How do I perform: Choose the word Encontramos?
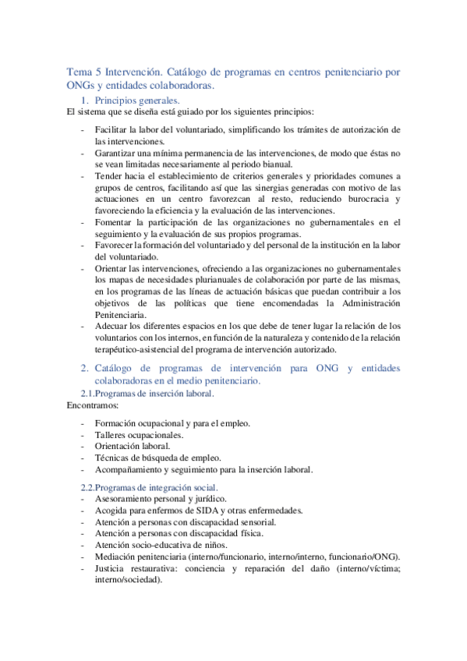click(93, 406)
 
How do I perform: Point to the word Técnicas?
click(112, 458)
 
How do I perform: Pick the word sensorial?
click(253, 521)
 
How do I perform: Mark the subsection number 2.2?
click(87, 487)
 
